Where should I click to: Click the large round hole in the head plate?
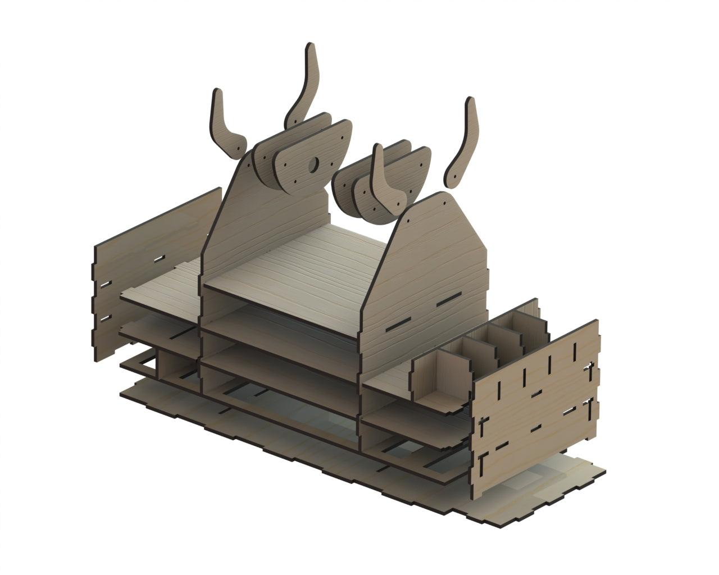coord(314,164)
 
